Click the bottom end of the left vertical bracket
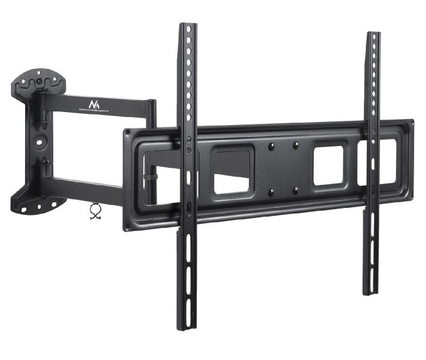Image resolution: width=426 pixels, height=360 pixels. click(x=187, y=326)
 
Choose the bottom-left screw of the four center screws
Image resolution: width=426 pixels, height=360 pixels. click(x=271, y=192)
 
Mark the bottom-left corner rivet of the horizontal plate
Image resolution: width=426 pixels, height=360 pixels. click(x=128, y=227)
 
